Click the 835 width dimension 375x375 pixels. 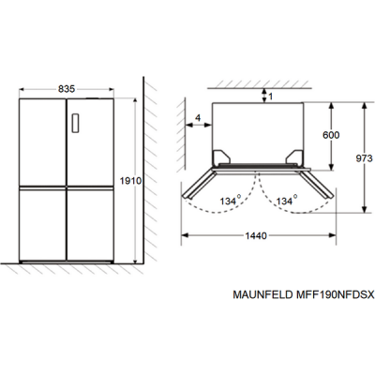67,88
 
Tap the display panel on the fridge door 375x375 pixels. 77,123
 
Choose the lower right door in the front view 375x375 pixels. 90,225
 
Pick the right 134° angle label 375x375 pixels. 285,200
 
